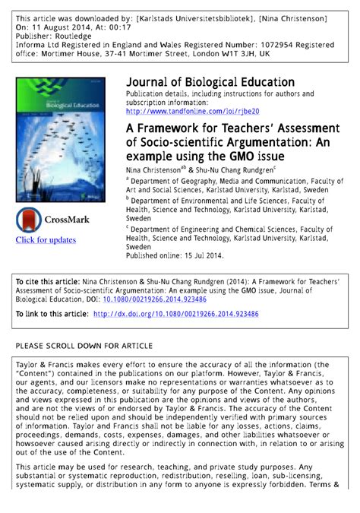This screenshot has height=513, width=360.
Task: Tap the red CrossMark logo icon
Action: pyautogui.click(x=31, y=220)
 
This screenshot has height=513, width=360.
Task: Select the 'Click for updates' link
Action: pyautogui.click(x=46, y=240)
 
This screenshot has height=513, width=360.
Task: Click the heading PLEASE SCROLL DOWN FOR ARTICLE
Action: pyautogui.click(x=90, y=345)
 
